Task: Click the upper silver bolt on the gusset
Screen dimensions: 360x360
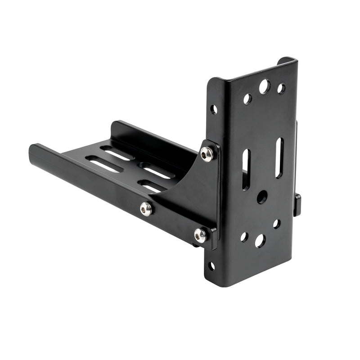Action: [207, 154]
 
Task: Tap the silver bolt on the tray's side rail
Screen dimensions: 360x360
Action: [145, 208]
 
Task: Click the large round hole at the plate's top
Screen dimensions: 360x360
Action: [265, 86]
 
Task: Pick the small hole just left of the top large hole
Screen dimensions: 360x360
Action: [247, 99]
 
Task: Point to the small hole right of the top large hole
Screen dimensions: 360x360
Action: [281, 88]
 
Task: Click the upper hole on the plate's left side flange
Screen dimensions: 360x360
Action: [214, 109]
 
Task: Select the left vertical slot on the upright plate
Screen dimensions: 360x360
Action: [246, 169]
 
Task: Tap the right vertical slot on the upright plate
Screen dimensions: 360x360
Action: [279, 157]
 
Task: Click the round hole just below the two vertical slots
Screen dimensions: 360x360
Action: [262, 197]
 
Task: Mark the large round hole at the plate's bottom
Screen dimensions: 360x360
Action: [260, 241]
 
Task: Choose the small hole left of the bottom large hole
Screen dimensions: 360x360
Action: [244, 236]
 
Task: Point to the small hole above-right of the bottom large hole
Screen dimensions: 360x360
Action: [276, 224]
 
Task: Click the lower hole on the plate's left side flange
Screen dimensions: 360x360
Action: [211, 266]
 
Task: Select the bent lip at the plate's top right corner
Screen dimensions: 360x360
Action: [286, 60]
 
